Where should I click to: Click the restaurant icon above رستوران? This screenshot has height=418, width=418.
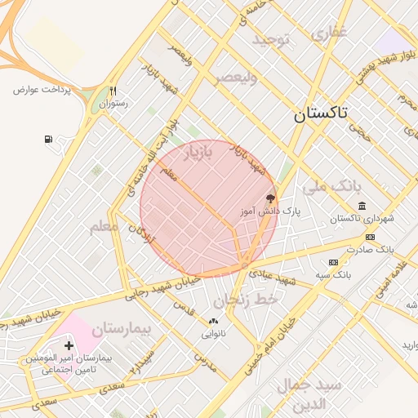113,91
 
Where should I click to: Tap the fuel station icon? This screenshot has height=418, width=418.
50,140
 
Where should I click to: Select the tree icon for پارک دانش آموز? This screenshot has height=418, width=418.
271,198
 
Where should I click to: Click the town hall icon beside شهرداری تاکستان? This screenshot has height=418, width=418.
362,206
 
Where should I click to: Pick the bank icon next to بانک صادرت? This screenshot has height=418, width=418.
370,237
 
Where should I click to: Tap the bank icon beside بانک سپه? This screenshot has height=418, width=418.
333,262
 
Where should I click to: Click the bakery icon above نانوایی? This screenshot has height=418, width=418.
214,322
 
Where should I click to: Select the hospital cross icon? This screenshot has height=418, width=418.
68,346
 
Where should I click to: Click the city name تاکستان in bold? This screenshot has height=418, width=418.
321,115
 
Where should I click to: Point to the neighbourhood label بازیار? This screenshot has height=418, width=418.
197,153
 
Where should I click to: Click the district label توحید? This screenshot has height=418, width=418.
271,40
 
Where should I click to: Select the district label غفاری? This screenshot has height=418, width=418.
329,32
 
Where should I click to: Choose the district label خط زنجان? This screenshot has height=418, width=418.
255,300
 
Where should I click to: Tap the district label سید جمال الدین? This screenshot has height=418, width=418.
300,394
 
